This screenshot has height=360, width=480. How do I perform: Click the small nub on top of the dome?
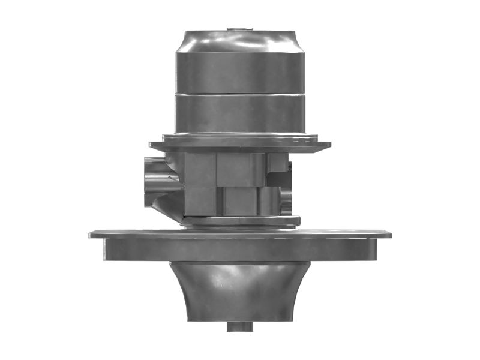(239, 28)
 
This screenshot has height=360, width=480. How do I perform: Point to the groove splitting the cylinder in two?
(239, 93)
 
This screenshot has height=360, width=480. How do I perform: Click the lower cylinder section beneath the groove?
(239, 114)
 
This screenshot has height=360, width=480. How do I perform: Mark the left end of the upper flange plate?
(154, 146)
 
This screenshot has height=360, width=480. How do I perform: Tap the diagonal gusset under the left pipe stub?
(165, 204)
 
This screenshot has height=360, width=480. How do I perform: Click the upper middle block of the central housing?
(240, 169)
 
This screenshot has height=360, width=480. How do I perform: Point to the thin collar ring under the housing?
(240, 221)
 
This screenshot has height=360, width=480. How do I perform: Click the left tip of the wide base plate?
(92, 235)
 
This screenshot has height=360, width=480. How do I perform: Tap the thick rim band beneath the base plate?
(240, 250)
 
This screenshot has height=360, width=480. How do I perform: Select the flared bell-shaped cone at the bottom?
(240, 294)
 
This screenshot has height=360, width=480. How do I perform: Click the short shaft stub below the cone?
(239, 327)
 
